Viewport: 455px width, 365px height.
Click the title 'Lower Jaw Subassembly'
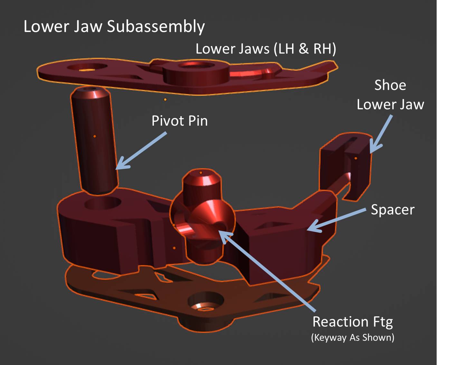114,26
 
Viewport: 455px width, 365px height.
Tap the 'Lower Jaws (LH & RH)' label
266,49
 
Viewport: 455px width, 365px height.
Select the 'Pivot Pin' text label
179,121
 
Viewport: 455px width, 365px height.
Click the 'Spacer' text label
393,210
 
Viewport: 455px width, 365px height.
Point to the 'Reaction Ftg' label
353,322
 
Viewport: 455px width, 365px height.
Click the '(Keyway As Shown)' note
353,338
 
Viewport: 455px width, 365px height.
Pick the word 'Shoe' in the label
390,85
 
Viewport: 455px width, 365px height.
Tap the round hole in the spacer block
102,203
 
